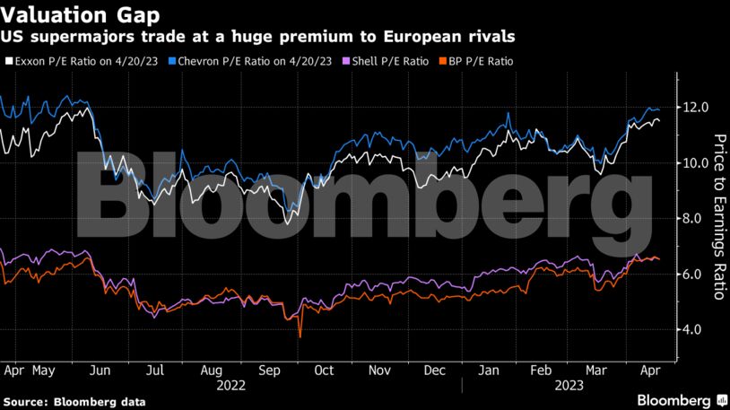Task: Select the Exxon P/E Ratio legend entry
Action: click(x=68, y=61)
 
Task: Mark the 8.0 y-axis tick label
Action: click(x=697, y=219)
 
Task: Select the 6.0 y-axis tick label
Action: click(x=697, y=275)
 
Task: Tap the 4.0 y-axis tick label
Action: click(x=697, y=330)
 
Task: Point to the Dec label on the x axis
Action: click(x=434, y=370)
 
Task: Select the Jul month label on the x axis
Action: click(x=156, y=370)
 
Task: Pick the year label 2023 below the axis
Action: click(x=570, y=385)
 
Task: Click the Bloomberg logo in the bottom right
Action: click(x=674, y=398)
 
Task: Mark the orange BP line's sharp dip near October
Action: click(x=300, y=336)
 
